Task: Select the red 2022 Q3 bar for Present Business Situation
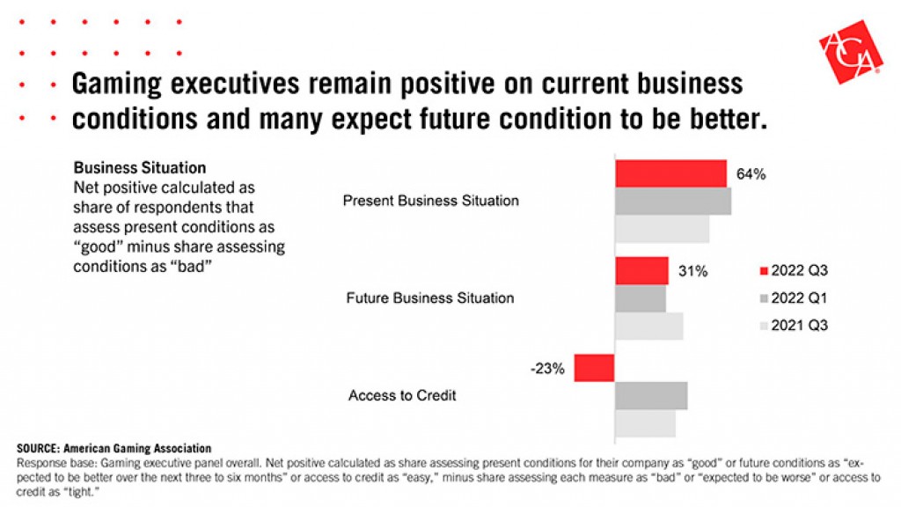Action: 670,173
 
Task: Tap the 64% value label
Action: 751,174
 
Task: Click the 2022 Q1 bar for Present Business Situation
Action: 673,202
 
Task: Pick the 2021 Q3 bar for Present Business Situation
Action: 662,229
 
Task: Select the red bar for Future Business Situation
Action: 641,271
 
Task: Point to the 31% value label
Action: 692,271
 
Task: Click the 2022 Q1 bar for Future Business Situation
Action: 640,298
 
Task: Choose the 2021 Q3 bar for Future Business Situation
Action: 648,326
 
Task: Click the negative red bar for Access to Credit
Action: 594,368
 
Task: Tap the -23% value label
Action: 547,368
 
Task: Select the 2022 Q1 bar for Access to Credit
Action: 650,395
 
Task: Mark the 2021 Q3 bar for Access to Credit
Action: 645,422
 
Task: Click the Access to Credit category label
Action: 402,395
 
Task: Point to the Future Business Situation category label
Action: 430,298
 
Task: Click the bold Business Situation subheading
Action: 140,167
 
